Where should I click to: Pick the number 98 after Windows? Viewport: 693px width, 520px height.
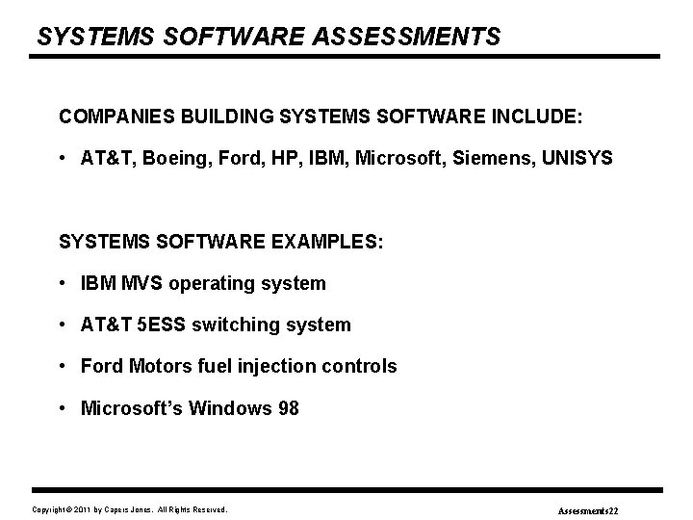pyautogui.click(x=288, y=408)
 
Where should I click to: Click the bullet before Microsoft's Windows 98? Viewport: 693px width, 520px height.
pyautogui.click(x=63, y=408)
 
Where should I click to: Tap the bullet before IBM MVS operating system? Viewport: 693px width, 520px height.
pyautogui.click(x=63, y=284)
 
